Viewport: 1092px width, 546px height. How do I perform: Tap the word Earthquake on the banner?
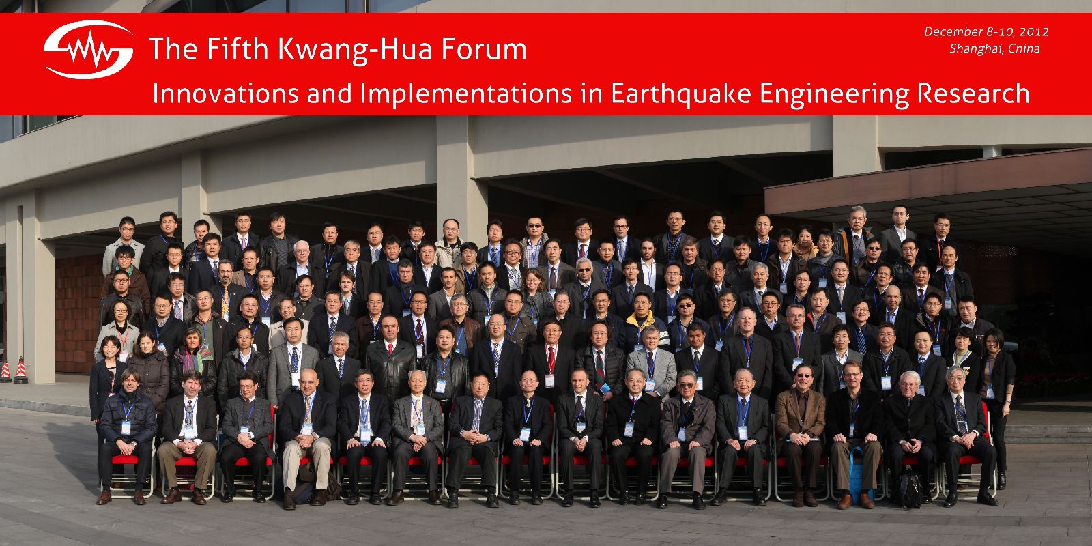pyautogui.click(x=680, y=94)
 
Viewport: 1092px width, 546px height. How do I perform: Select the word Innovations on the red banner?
pyautogui.click(x=225, y=93)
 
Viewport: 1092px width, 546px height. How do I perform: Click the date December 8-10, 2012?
pyautogui.click(x=986, y=31)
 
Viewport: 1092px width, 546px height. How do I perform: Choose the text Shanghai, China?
pyautogui.click(x=994, y=48)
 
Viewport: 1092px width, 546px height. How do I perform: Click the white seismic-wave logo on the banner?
pyautogui.click(x=88, y=50)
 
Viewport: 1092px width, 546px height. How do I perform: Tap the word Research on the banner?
pyautogui.click(x=973, y=93)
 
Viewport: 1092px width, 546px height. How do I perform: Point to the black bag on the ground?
pyautogui.click(x=910, y=490)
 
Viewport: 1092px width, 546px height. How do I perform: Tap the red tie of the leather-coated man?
pyautogui.click(x=390, y=347)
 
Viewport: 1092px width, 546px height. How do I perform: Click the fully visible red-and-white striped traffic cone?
pyautogui.click(x=21, y=371)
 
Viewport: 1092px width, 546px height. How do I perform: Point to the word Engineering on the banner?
pyautogui.click(x=833, y=94)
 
